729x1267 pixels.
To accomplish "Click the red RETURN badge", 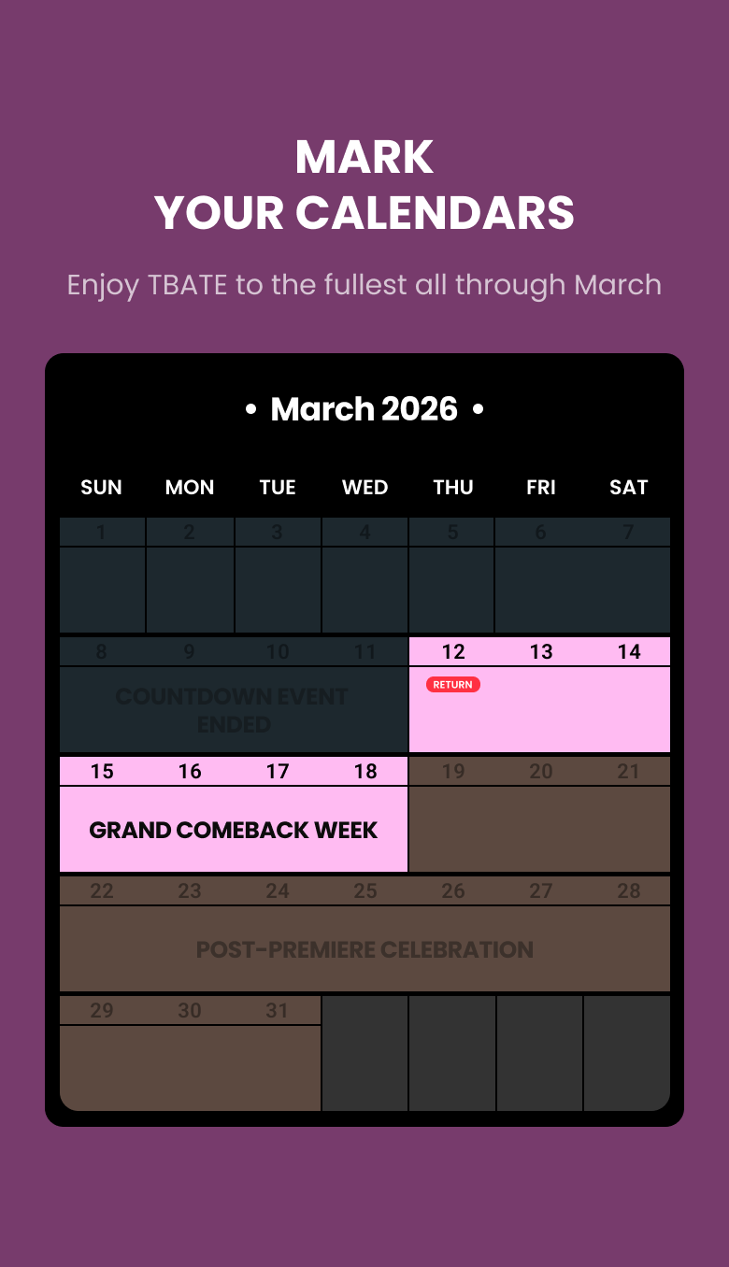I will click(453, 685).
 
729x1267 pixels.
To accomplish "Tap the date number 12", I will click(453, 652).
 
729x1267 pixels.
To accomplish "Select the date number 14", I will click(629, 652).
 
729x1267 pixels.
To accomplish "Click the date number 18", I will click(365, 772).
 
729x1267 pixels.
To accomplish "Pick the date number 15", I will click(102, 772).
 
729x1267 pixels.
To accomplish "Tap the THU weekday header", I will click(453, 487).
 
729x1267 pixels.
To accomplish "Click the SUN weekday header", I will click(101, 487).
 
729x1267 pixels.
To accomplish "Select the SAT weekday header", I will click(628, 487).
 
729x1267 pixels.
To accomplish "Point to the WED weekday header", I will click(364, 487).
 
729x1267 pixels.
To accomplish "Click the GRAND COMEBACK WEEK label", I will click(234, 831).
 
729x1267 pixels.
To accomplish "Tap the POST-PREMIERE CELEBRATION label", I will click(364, 950).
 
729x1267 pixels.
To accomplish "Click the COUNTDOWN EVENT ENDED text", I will click(233, 710).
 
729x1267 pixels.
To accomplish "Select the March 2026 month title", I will click(364, 409).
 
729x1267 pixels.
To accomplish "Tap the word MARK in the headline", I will click(364, 157).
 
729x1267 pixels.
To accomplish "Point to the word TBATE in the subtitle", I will click(187, 284).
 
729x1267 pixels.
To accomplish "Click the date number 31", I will click(278, 1011).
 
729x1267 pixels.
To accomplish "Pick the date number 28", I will click(629, 891).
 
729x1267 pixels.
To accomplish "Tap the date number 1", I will click(102, 533).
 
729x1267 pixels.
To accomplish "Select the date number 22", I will click(102, 891).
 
